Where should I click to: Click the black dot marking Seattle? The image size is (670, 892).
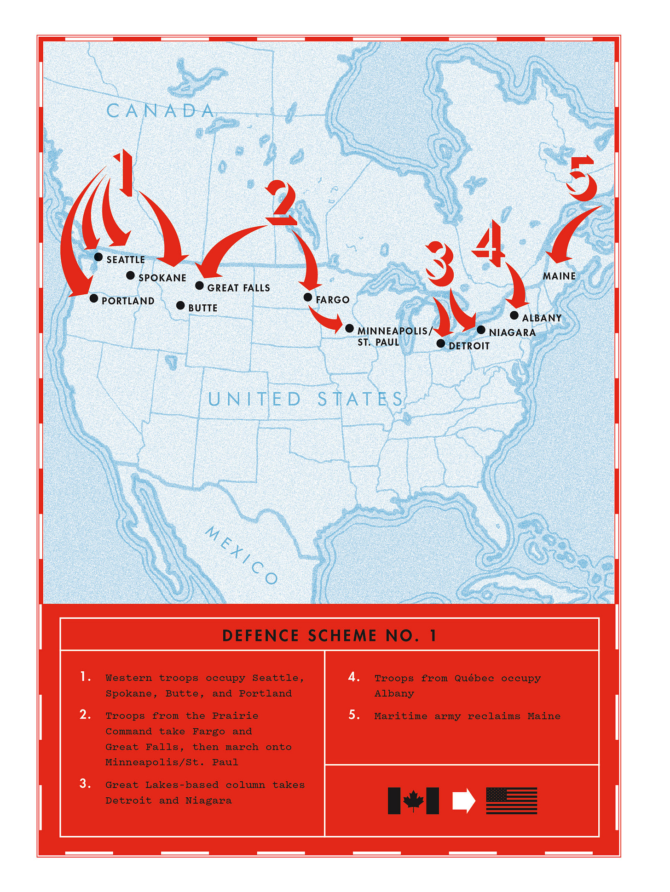pos(98,257)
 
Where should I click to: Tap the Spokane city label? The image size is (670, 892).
pos(162,278)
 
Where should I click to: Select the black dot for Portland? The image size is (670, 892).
pos(94,298)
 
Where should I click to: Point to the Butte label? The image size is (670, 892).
pos(202,308)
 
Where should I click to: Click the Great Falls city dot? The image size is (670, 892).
pos(199,286)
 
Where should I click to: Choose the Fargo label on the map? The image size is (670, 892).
pos(332,300)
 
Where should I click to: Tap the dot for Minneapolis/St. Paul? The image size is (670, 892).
pos(349,328)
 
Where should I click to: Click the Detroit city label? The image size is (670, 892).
pos(469,346)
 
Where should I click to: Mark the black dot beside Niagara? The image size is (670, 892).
pos(481,330)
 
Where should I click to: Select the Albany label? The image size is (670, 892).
pos(542,318)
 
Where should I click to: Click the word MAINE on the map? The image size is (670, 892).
pos(559,276)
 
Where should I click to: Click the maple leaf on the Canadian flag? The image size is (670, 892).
pos(413,801)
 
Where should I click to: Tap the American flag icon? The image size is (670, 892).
pos(511,801)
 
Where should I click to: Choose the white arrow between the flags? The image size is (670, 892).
pos(463,801)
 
